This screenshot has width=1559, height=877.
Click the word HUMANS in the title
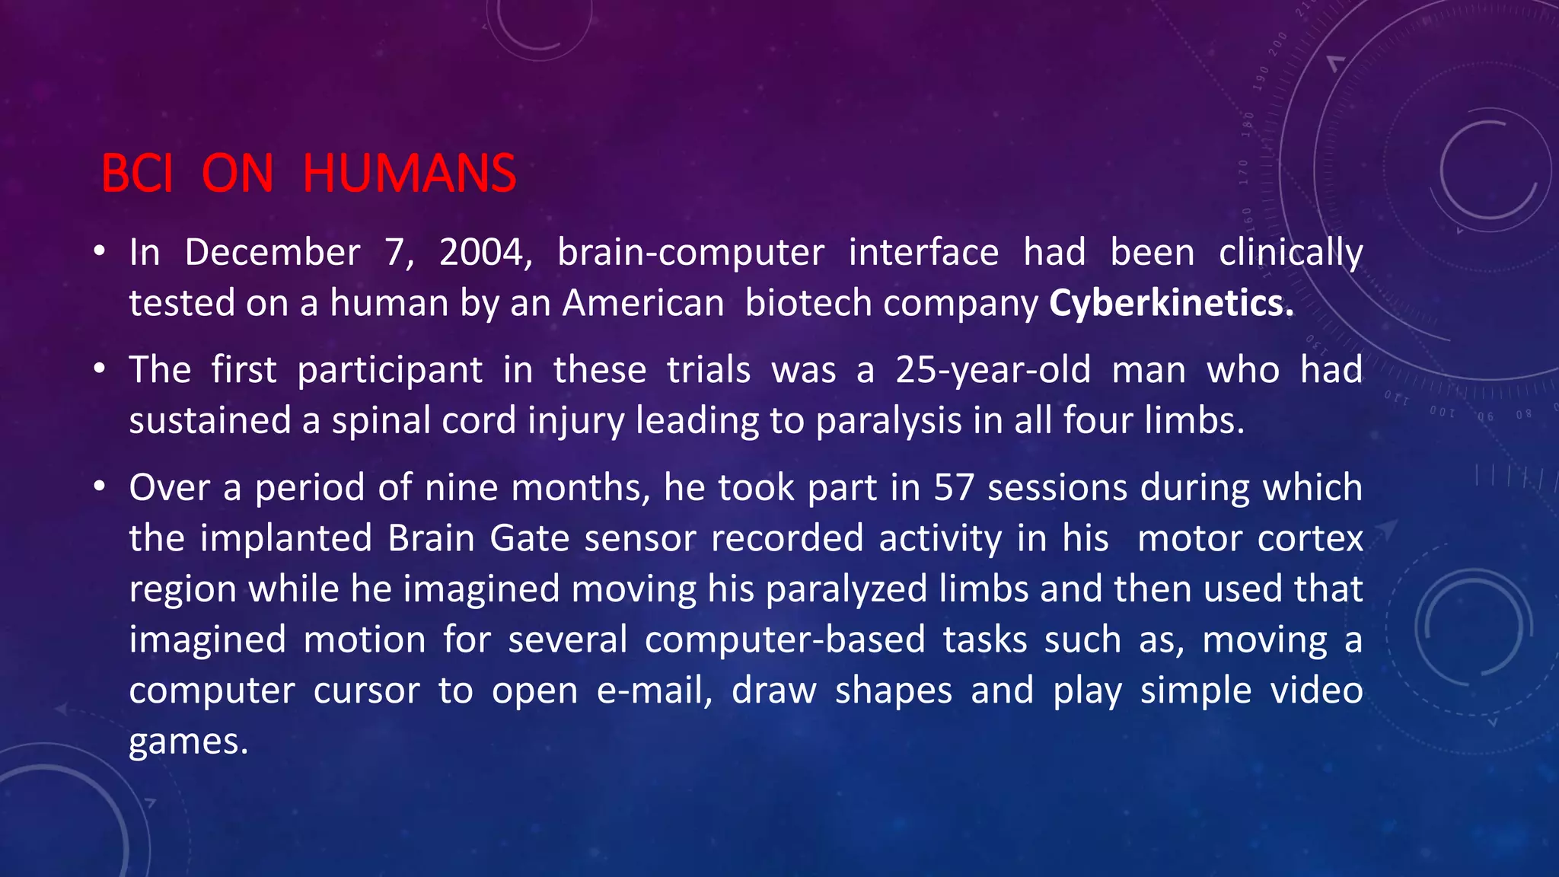tap(410, 174)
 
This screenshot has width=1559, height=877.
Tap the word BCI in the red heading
tap(137, 174)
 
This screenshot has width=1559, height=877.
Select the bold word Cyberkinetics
tap(1171, 303)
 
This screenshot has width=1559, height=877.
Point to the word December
tap(273, 253)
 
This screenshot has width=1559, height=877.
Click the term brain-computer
tap(690, 253)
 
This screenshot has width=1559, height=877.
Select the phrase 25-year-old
tap(993, 370)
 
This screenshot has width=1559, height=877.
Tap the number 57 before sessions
tap(954, 487)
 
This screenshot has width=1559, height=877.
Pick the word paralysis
tap(888, 421)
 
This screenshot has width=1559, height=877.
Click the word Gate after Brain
tap(530, 538)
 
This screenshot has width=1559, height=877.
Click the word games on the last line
tap(188, 741)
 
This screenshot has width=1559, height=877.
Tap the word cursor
tap(366, 690)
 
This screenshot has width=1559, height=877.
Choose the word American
tap(643, 303)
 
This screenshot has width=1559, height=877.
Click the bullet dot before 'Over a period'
tap(99, 486)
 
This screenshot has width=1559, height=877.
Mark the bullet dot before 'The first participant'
tap(99, 368)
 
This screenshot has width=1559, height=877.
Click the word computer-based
tap(785, 639)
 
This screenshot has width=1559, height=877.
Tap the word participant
tap(390, 371)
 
